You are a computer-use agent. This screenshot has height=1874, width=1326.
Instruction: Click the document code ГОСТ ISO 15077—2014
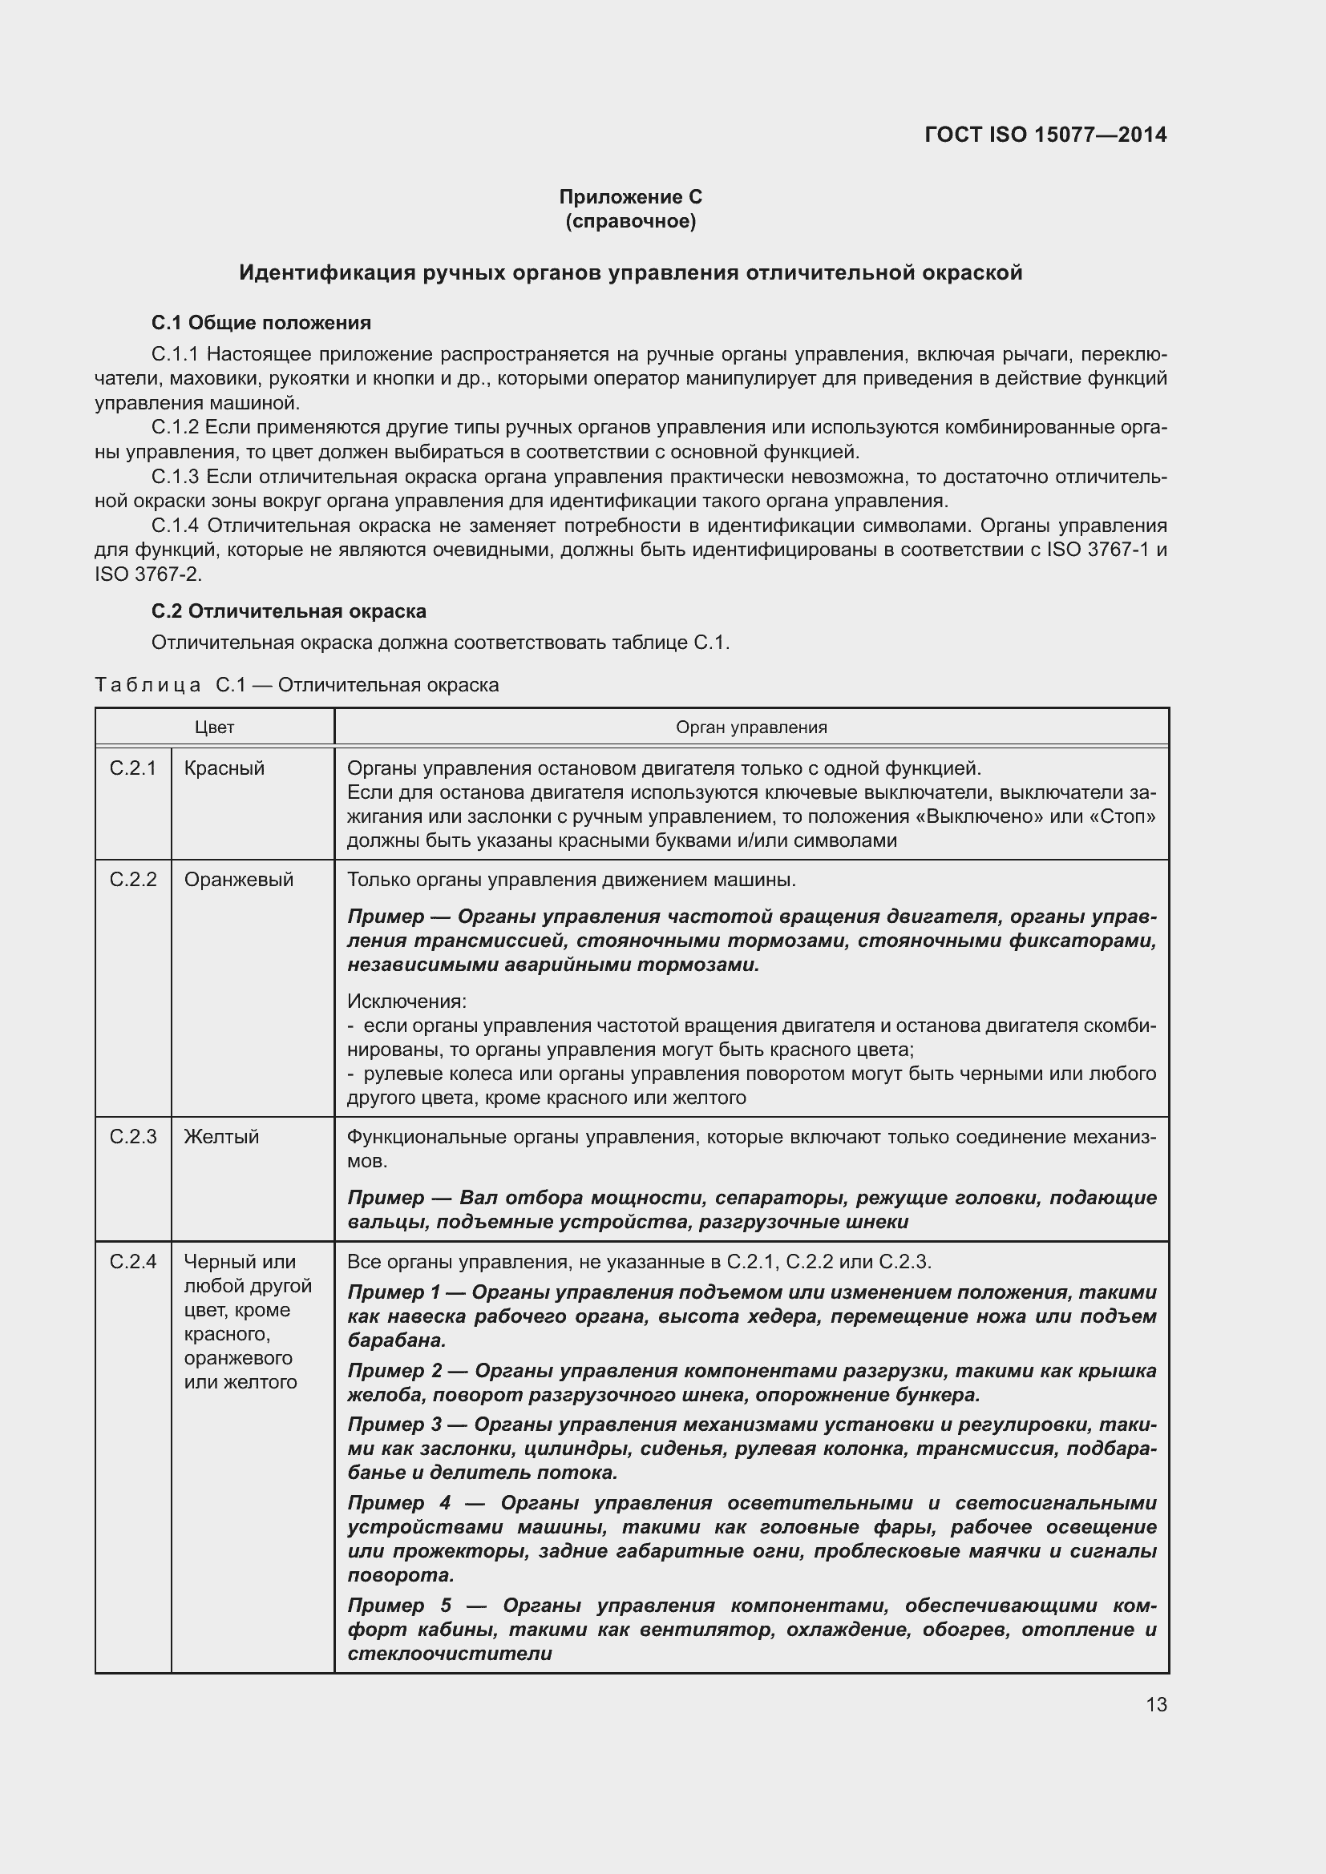[x=1045, y=135]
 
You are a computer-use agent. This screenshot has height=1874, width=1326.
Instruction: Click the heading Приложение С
[x=630, y=197]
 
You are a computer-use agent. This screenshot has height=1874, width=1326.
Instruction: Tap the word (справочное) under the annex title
[x=630, y=221]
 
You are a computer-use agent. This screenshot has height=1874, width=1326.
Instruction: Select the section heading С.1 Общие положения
[x=261, y=323]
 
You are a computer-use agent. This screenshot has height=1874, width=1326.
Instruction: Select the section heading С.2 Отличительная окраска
[x=289, y=611]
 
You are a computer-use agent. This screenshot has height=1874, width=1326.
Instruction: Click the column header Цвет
[x=215, y=727]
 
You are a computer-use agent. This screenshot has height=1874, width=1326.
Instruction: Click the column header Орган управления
[x=751, y=727]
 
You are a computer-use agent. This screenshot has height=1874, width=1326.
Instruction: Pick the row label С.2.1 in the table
[x=133, y=768]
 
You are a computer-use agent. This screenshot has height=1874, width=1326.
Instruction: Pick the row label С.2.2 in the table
[x=133, y=880]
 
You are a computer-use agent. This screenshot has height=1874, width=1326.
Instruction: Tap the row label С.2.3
[x=133, y=1137]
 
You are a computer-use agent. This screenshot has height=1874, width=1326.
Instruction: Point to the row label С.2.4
[x=133, y=1262]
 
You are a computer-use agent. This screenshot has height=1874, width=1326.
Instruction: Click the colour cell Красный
[x=224, y=768]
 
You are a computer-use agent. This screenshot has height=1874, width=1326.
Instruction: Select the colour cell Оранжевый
[x=238, y=880]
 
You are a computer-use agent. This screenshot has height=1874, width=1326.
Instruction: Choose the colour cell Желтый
[x=221, y=1137]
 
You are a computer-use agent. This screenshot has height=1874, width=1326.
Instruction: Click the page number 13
[x=1156, y=1705]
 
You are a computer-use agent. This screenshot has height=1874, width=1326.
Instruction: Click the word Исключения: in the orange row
[x=406, y=1001]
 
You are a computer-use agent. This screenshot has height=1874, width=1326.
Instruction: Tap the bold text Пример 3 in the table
[x=394, y=1425]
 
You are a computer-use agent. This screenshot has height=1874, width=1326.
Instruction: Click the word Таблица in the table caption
[x=148, y=686]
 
